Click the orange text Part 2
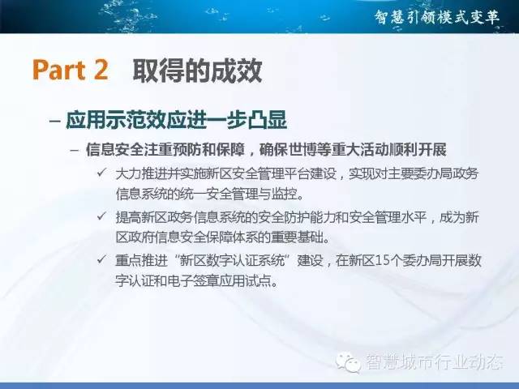pos(71,70)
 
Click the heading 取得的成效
pos(198,71)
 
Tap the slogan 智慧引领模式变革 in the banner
pos(438,17)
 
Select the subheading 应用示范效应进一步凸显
pos(177,120)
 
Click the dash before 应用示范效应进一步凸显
pos(54,121)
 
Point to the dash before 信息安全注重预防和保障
pos(75,151)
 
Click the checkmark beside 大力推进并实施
pos(101,173)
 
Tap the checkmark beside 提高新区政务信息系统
pos(101,216)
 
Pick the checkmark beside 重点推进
pos(101,259)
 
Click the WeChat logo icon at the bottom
pos(348,362)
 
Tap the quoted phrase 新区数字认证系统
pos(232,261)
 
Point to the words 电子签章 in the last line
pos(194,281)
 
